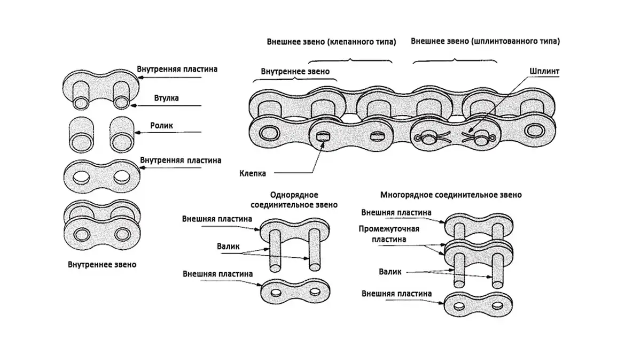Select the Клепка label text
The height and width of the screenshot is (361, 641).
point(253,173)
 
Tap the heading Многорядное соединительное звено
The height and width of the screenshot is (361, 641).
point(450,195)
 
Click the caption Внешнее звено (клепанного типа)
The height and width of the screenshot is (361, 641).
point(331,41)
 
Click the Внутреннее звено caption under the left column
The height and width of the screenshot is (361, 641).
point(102,264)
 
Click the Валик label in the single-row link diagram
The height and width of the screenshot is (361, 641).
point(228,247)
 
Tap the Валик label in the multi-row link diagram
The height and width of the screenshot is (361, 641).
point(390,272)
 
